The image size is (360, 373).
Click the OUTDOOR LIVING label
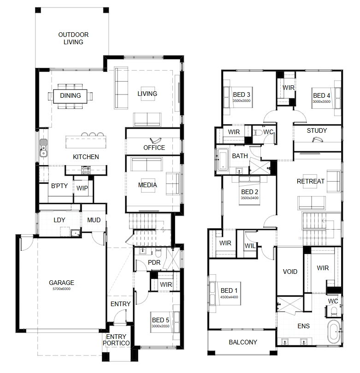(73, 38)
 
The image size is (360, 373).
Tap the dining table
(70, 96)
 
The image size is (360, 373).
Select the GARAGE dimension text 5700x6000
(62, 289)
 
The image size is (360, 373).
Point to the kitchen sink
(43, 148)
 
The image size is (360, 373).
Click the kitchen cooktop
(86, 169)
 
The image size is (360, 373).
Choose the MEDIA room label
(148, 185)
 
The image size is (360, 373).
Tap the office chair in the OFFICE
(155, 140)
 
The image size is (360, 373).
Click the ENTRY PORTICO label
(116, 340)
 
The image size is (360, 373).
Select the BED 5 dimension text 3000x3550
(160, 326)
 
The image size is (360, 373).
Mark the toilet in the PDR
(159, 252)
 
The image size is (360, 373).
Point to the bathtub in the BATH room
(223, 160)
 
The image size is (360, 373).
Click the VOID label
(290, 272)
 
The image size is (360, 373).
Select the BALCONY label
(243, 342)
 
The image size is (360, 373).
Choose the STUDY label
(317, 130)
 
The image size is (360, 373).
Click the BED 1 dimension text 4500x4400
(229, 297)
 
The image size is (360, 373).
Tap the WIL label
(250, 246)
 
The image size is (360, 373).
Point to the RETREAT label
(311, 181)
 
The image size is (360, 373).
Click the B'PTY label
(59, 186)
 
